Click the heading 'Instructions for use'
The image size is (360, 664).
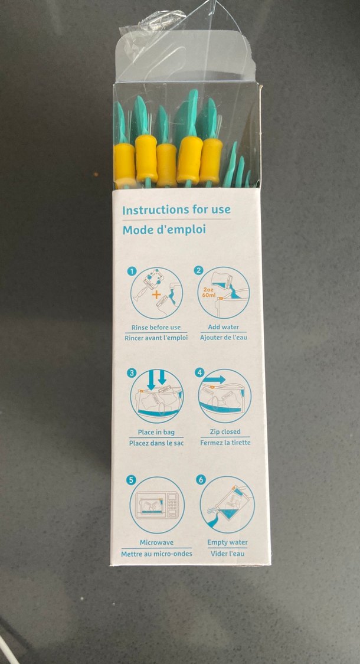(x=176, y=210)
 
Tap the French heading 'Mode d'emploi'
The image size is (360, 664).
(x=164, y=230)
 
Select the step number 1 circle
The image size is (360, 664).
(x=132, y=271)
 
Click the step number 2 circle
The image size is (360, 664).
(x=199, y=270)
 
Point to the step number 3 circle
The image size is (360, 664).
(x=132, y=373)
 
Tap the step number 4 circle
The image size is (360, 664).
(x=199, y=372)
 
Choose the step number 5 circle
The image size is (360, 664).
(x=131, y=480)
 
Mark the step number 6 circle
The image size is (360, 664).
(x=201, y=480)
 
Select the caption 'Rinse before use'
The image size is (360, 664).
(x=156, y=328)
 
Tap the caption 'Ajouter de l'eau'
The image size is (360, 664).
(x=223, y=338)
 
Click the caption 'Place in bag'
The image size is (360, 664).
(x=155, y=433)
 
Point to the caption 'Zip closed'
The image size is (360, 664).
(x=225, y=431)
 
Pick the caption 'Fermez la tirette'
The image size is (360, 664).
(x=225, y=443)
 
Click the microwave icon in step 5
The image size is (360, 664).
(x=157, y=505)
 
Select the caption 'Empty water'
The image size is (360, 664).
(x=227, y=542)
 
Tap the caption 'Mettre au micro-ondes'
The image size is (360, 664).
(x=156, y=554)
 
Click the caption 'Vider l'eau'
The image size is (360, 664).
(x=227, y=554)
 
